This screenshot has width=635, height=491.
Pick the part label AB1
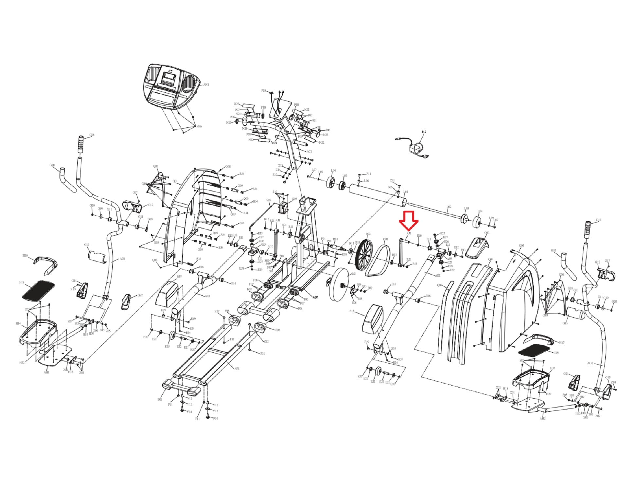315,297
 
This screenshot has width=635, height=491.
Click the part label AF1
237,369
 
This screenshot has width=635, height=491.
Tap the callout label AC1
309,152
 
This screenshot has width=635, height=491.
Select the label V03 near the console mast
274,143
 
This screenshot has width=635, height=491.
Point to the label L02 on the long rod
449,207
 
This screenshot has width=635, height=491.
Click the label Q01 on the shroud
175,181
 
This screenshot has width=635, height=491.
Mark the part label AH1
46,372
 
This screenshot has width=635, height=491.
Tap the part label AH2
542,418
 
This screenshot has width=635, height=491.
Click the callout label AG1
122,259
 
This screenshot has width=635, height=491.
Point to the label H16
25,256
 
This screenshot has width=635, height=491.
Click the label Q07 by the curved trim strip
440,285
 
